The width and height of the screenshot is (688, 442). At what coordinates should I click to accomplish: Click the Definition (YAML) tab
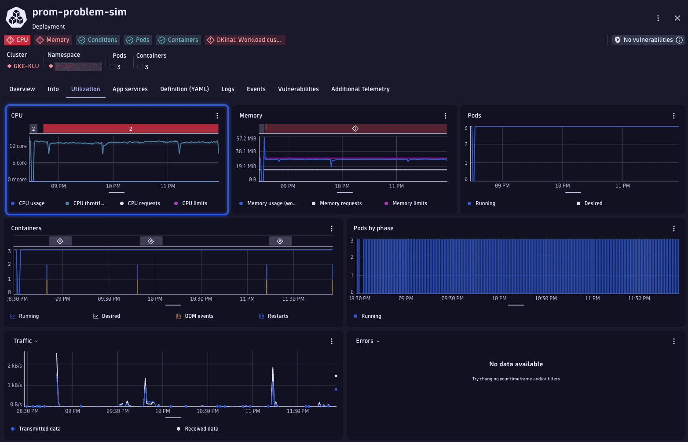click(184, 89)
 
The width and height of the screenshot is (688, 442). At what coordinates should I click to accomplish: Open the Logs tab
click(227, 89)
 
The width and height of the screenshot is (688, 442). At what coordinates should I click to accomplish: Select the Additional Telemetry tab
click(360, 89)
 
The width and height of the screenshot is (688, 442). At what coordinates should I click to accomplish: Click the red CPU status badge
click(17, 40)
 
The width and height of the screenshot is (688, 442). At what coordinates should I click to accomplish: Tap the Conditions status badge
click(98, 40)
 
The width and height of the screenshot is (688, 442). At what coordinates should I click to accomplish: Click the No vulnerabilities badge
click(648, 40)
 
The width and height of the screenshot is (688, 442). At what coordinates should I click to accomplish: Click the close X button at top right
click(677, 18)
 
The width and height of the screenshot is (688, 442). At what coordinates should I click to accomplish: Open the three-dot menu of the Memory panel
click(445, 116)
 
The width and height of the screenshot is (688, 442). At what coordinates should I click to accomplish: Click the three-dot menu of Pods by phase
click(673, 228)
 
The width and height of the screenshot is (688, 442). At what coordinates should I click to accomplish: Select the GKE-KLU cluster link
click(26, 66)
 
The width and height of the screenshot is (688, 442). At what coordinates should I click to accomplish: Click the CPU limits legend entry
click(194, 203)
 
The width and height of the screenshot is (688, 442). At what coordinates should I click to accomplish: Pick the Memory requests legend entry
click(340, 203)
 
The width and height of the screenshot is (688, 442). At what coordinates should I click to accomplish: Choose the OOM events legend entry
click(198, 316)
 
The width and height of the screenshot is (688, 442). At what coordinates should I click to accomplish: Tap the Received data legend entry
click(201, 429)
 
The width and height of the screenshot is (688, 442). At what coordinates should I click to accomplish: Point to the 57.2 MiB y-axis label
click(246, 139)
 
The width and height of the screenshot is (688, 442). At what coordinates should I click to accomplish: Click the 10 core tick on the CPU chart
click(18, 146)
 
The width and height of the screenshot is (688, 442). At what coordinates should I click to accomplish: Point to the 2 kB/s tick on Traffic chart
click(15, 366)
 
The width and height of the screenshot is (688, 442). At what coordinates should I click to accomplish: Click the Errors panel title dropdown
click(368, 341)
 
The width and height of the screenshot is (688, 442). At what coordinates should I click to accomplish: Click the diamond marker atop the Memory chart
click(355, 129)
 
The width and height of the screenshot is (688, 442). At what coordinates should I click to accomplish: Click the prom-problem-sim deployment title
click(79, 12)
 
